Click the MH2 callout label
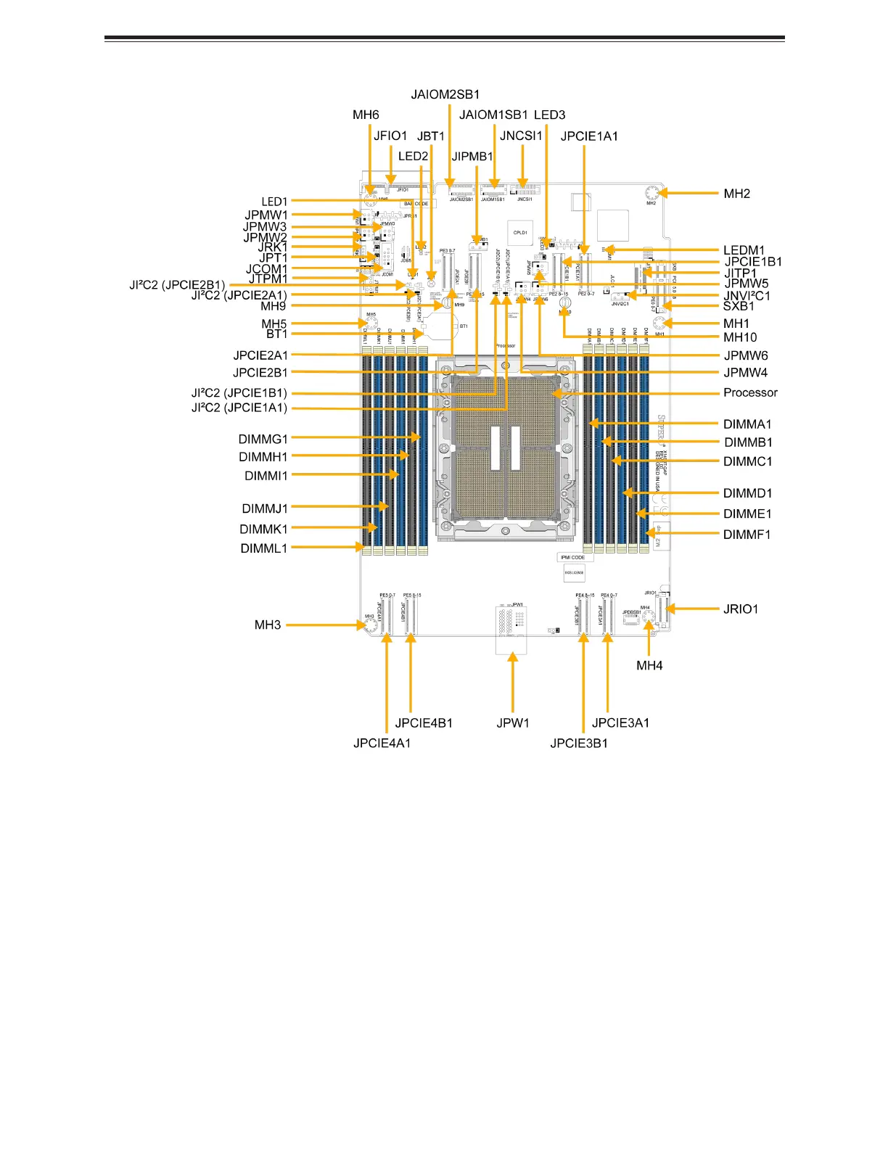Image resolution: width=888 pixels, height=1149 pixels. click(736, 194)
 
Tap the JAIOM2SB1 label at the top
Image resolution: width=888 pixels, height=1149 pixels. click(445, 95)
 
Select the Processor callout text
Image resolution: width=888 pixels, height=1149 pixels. click(750, 392)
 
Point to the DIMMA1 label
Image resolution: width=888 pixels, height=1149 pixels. click(747, 424)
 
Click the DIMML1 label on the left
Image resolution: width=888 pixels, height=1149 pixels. click(264, 548)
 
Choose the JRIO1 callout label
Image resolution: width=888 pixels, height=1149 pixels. click(741, 609)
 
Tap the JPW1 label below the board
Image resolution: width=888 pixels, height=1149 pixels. click(513, 723)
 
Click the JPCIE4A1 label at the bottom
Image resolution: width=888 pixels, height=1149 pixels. click(382, 743)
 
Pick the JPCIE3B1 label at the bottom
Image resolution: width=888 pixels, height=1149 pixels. click(579, 743)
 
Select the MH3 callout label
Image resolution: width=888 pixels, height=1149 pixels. click(268, 625)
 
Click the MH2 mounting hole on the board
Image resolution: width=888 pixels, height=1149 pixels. click(651, 194)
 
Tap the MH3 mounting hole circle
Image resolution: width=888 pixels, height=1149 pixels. click(371, 625)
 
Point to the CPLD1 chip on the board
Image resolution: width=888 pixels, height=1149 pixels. click(520, 233)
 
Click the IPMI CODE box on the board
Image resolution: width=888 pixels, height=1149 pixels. click(572, 558)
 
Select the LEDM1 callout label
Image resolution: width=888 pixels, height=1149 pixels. click(744, 250)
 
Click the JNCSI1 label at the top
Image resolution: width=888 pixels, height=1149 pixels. click(521, 136)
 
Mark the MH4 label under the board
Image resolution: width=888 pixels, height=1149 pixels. click(649, 666)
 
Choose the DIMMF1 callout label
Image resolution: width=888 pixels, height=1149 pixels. click(747, 535)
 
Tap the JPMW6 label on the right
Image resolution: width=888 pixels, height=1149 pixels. click(746, 355)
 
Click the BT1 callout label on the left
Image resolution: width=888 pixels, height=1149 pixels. click(277, 334)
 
